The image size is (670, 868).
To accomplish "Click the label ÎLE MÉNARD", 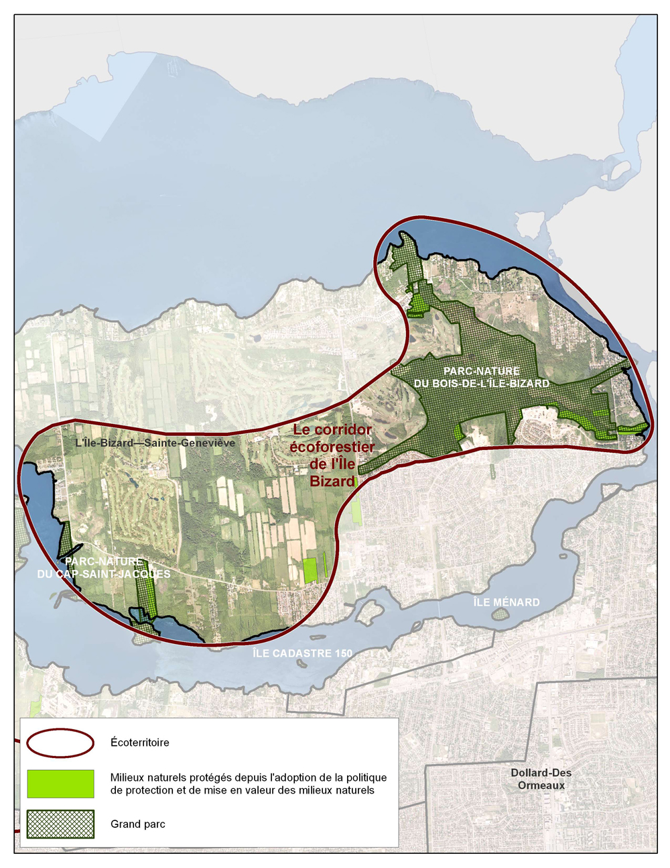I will (507, 602).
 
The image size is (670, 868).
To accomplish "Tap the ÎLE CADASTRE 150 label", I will (302, 653).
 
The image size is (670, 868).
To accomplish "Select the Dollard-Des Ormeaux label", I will (541, 779).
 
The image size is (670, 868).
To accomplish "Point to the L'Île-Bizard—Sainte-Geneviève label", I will (155, 443).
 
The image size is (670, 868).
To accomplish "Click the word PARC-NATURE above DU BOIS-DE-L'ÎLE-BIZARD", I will (481, 371).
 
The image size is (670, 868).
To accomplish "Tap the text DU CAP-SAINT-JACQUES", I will (104, 574).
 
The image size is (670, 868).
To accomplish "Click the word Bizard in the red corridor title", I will (332, 481).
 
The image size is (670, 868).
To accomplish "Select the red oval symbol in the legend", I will (60, 743).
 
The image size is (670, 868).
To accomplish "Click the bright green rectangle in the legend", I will (60, 783).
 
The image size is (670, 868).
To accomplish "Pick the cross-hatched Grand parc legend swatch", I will (60, 824).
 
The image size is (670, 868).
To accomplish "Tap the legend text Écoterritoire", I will (140, 743).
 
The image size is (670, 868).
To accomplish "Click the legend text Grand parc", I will (138, 824).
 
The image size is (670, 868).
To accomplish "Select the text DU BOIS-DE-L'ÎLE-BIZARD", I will (481, 384).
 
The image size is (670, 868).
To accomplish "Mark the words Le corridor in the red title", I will (332, 430).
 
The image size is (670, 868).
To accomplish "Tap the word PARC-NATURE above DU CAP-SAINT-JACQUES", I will (104, 561).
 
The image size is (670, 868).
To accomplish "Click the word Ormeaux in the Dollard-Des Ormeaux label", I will (541, 785).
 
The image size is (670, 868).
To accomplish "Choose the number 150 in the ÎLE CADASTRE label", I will (340, 653).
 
